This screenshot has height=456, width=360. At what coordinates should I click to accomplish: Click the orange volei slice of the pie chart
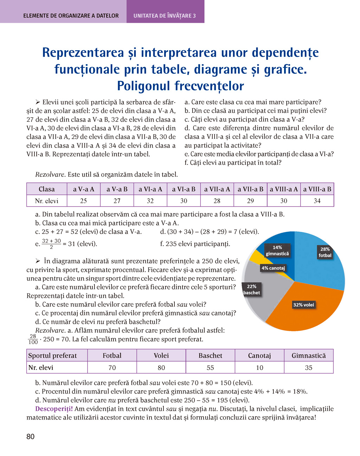[x=309, y=309]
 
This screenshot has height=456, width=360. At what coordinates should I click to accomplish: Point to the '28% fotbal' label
[x=325, y=252]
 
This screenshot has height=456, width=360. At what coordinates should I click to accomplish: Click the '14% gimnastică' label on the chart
[x=277, y=250]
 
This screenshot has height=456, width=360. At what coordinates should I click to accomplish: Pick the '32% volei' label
[x=303, y=305]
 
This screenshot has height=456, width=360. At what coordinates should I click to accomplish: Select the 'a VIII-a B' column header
[x=317, y=189]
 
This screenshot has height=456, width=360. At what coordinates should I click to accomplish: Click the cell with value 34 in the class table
[x=317, y=201]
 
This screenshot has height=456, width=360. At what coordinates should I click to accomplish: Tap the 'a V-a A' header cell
[x=83, y=189]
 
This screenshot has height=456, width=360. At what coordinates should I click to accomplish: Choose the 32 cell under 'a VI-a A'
[x=150, y=201]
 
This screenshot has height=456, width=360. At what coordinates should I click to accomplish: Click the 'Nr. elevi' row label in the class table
[x=46, y=201]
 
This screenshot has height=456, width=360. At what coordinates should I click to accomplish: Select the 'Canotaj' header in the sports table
[x=259, y=356]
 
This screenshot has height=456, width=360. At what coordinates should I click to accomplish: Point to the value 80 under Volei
[x=161, y=367]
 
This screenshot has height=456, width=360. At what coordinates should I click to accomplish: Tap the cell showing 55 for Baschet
[x=210, y=367]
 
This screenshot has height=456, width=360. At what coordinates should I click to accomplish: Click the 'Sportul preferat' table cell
[x=52, y=356]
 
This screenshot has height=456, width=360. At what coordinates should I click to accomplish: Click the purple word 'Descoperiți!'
[x=54, y=409]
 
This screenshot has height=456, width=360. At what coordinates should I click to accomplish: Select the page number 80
[x=31, y=437]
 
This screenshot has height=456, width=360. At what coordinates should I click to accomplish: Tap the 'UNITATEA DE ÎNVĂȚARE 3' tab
[x=165, y=16]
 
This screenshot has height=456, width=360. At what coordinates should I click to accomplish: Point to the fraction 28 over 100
[x=33, y=339]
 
